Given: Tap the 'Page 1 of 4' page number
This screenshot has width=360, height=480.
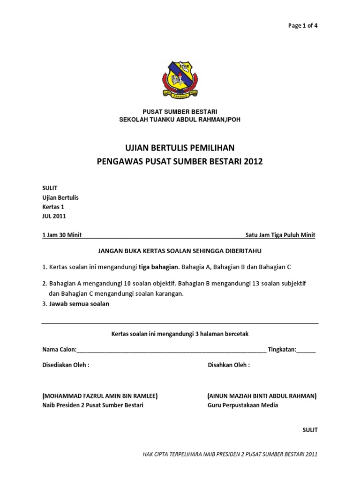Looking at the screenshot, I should tap(302, 25).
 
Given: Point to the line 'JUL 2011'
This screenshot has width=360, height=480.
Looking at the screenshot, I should tap(54, 216).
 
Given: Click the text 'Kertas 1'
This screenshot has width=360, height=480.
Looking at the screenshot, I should tap(53, 207).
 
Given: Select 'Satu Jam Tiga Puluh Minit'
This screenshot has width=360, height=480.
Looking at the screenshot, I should tap(280, 235).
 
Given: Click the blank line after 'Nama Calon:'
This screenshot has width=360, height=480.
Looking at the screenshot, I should tap(171, 350).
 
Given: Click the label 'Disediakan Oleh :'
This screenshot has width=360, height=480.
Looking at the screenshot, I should tap(66, 365).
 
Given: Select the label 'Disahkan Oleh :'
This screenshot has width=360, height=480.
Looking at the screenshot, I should tap(229, 365).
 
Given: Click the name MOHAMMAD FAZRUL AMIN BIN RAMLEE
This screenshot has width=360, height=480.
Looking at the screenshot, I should tap(100, 396).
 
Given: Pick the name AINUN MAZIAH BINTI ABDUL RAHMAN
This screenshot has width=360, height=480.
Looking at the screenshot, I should tap(262, 396).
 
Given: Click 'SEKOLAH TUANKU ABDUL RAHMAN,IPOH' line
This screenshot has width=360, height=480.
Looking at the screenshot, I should tap(180, 120).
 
